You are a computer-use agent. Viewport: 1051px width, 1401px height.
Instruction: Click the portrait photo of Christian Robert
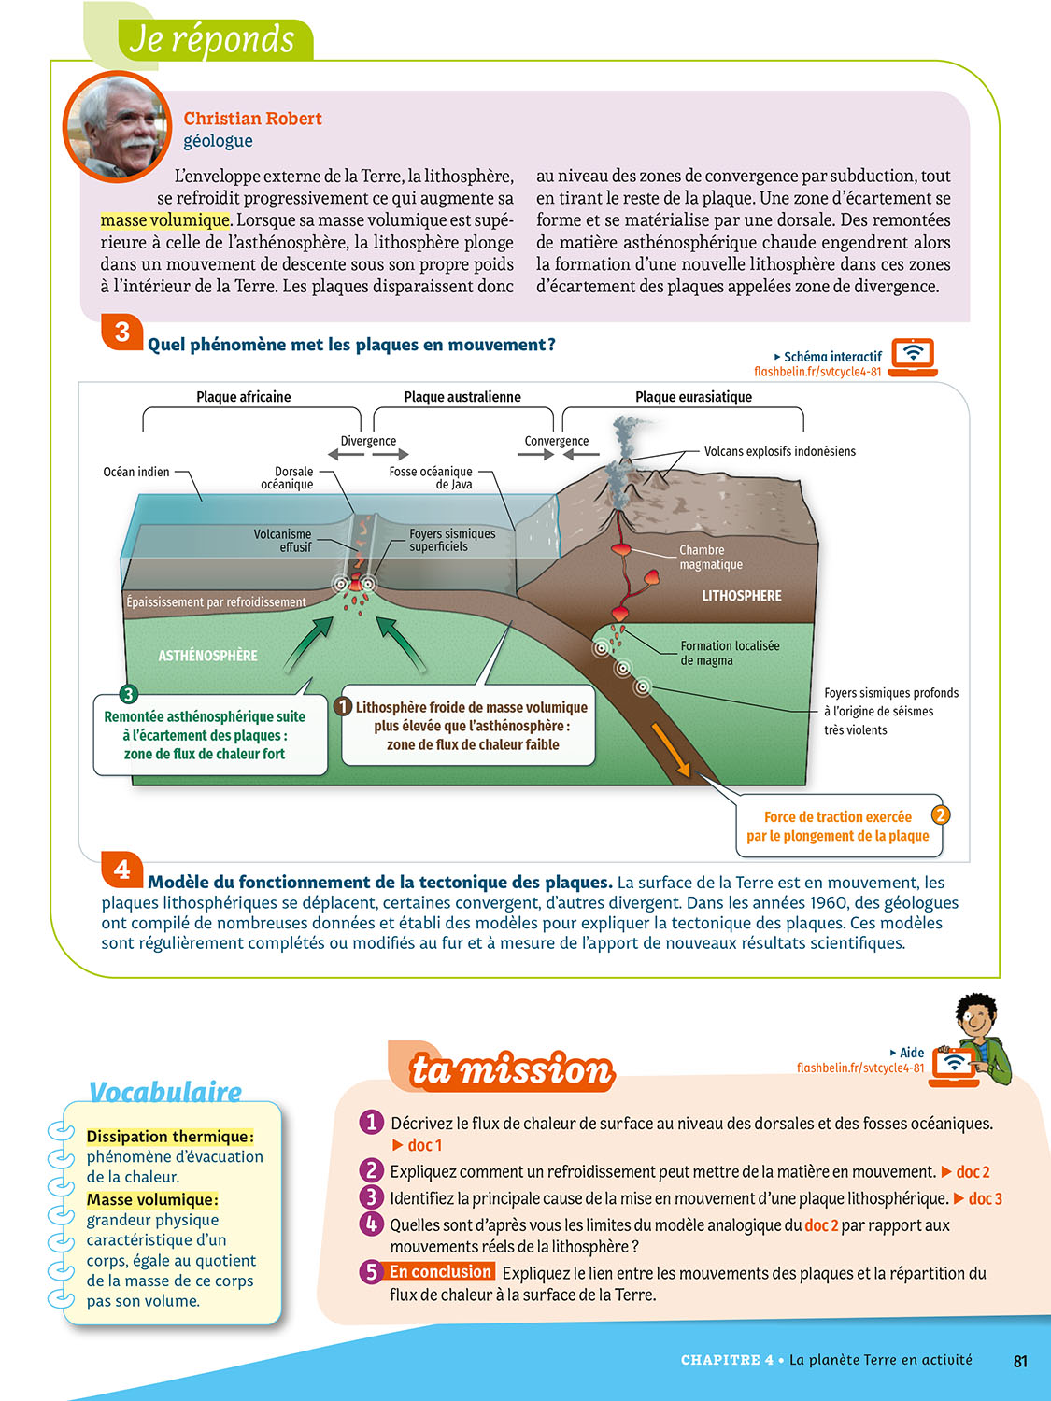pyautogui.click(x=117, y=125)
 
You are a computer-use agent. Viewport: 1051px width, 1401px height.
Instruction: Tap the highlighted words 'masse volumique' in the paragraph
pyautogui.click(x=164, y=220)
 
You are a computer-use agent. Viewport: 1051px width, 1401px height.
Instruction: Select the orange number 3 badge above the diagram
pyautogui.click(x=121, y=332)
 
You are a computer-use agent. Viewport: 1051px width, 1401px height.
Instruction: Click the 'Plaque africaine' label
pyautogui.click(x=243, y=397)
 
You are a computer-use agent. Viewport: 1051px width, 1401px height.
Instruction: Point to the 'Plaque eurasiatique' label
pyautogui.click(x=693, y=397)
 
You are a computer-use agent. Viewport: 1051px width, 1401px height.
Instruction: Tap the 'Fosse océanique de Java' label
pyautogui.click(x=431, y=478)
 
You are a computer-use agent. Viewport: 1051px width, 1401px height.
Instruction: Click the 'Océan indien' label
pyautogui.click(x=136, y=472)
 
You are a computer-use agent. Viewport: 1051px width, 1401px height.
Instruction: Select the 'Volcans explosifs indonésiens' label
pyautogui.click(x=779, y=451)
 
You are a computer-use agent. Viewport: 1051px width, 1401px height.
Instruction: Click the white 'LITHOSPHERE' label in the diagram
pyautogui.click(x=742, y=596)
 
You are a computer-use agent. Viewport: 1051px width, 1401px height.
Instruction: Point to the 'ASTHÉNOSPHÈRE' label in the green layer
pyautogui.click(x=207, y=656)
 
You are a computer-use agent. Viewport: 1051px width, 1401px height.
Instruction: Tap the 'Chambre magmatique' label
pyautogui.click(x=710, y=558)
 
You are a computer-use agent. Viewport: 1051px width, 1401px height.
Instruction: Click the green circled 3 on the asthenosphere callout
pyautogui.click(x=128, y=694)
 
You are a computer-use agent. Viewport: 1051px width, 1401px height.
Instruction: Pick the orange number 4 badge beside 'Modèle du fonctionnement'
pyautogui.click(x=121, y=870)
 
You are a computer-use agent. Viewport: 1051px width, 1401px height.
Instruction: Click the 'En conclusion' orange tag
pyautogui.click(x=440, y=1272)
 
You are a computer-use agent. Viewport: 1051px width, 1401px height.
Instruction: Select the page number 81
pyautogui.click(x=1020, y=1361)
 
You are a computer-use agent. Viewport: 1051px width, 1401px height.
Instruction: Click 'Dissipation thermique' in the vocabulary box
pyautogui.click(x=169, y=1137)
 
